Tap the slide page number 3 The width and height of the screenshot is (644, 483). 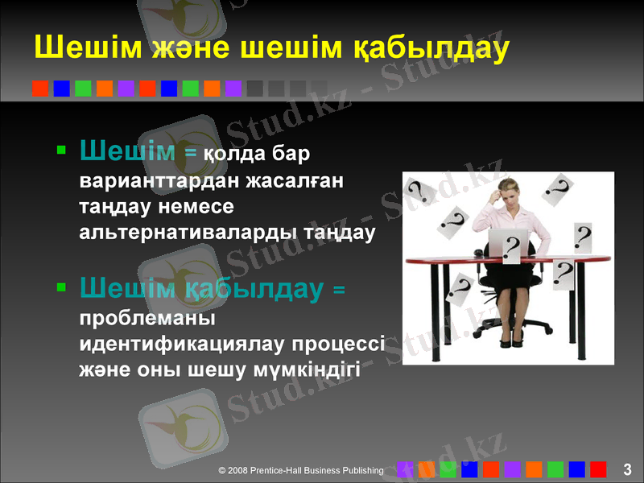click(627, 469)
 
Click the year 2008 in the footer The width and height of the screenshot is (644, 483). click(238, 469)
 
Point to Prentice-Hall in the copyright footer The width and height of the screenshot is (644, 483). click(277, 469)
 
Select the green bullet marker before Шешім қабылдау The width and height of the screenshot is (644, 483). click(62, 286)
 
